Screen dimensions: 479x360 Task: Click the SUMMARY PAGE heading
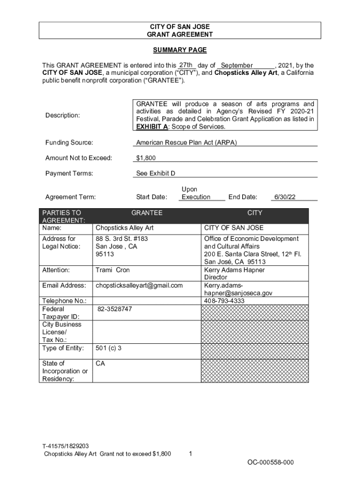pos(180,50)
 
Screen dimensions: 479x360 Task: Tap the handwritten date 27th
pos(186,65)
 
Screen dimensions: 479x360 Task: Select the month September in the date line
pos(237,65)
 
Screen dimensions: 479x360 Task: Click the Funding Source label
pos(69,143)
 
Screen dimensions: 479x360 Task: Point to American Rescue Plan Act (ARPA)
pos(186,143)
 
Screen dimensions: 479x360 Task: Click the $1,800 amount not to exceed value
pos(146,158)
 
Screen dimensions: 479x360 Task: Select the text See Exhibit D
pos(156,174)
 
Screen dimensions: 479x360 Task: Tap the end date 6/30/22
pos(285,197)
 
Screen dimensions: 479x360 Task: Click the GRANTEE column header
pos(147,213)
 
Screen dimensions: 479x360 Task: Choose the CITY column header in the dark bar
pos(255,213)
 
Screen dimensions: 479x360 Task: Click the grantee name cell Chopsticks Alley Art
pos(124,228)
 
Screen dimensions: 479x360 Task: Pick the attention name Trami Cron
pos(113,270)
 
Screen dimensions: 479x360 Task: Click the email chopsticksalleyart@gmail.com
pos(139,285)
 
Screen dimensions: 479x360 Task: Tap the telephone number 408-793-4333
pos(224,301)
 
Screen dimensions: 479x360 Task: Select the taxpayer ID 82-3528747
pos(115,309)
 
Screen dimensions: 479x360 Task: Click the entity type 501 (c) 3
pos(109,348)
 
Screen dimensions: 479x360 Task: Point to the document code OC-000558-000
pos(271,463)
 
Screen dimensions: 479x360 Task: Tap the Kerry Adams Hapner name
pos(234,270)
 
